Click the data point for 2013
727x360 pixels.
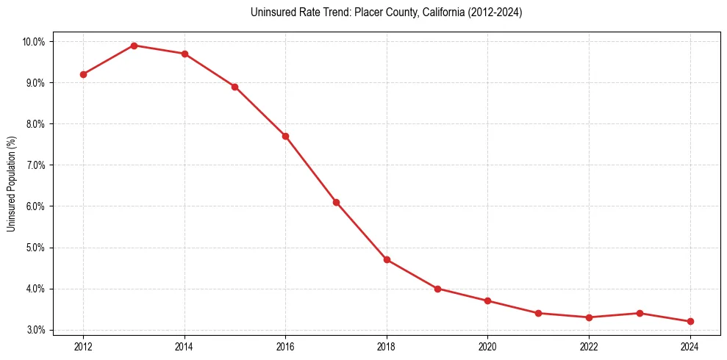[x=134, y=46]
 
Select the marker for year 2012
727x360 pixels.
[x=83, y=74]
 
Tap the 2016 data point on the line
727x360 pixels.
[x=285, y=136]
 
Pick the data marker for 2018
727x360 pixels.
[x=387, y=259]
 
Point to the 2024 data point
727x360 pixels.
[x=690, y=321]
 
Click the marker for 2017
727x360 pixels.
[x=336, y=202]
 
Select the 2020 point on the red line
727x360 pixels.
[x=488, y=300]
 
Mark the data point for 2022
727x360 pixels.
[x=589, y=317]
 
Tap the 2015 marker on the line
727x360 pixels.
[x=234, y=87]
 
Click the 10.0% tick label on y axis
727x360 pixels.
[x=33, y=42]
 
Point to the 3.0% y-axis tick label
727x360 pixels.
[x=35, y=330]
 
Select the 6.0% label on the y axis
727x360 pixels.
[x=35, y=206]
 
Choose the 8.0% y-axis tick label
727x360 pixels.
[x=35, y=124]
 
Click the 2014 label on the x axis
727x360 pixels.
[x=185, y=347]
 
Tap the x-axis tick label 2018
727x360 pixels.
[x=387, y=347]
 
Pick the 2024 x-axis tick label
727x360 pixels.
[x=690, y=347]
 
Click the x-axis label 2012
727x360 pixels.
[x=83, y=347]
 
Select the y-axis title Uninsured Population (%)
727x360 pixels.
[x=11, y=184]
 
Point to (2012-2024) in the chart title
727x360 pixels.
[x=493, y=12]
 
